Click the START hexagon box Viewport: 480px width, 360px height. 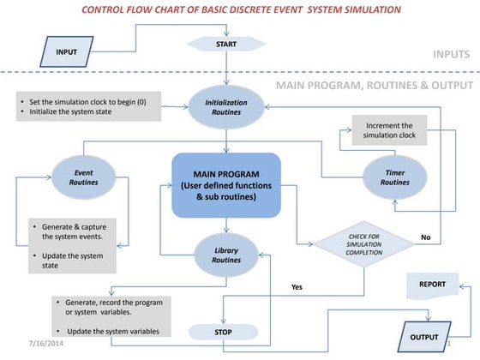tap(227, 44)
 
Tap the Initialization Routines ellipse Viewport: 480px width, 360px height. tap(226, 107)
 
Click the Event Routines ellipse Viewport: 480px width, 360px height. tap(83, 177)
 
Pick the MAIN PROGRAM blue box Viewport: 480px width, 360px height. tap(226, 184)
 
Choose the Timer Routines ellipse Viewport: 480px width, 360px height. tap(395, 177)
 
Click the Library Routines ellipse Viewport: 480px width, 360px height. tap(226, 255)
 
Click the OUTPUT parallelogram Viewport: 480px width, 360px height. tap(426, 337)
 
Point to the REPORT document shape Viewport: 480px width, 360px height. tap(431, 284)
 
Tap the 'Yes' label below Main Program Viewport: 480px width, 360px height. tap(297, 287)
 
